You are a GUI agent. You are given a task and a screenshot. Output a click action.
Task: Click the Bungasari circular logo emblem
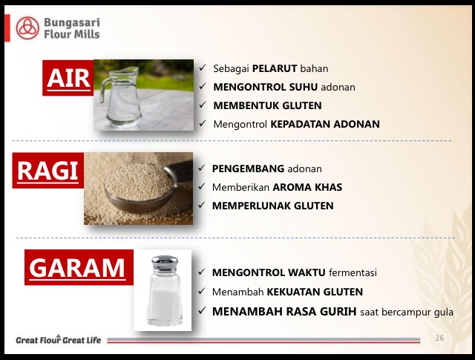[x=27, y=28]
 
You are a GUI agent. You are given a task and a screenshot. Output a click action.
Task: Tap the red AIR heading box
[x=68, y=78]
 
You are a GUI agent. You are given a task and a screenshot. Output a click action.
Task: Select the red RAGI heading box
[x=47, y=171]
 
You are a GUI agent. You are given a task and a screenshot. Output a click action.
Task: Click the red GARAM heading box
[x=79, y=267]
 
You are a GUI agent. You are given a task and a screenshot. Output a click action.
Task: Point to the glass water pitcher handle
[x=105, y=90]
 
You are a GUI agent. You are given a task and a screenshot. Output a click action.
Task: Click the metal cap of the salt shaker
[x=165, y=264]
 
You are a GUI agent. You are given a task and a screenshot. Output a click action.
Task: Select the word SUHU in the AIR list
[x=304, y=87]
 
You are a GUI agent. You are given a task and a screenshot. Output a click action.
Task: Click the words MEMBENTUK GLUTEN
[x=267, y=105]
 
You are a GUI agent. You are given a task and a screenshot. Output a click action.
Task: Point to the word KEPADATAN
[x=300, y=124]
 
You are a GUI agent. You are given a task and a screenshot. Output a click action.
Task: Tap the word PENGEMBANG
[x=248, y=168]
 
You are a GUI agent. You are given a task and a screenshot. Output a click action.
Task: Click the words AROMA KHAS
[x=307, y=187]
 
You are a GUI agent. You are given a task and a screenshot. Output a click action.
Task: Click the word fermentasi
[x=353, y=272]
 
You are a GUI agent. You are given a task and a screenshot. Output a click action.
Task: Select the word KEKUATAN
[x=293, y=292]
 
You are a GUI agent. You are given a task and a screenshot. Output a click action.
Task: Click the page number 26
[x=439, y=338]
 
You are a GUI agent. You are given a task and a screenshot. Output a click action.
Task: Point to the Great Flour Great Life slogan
[x=59, y=340]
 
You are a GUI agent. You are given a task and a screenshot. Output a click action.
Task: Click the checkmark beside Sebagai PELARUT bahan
[x=203, y=68]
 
